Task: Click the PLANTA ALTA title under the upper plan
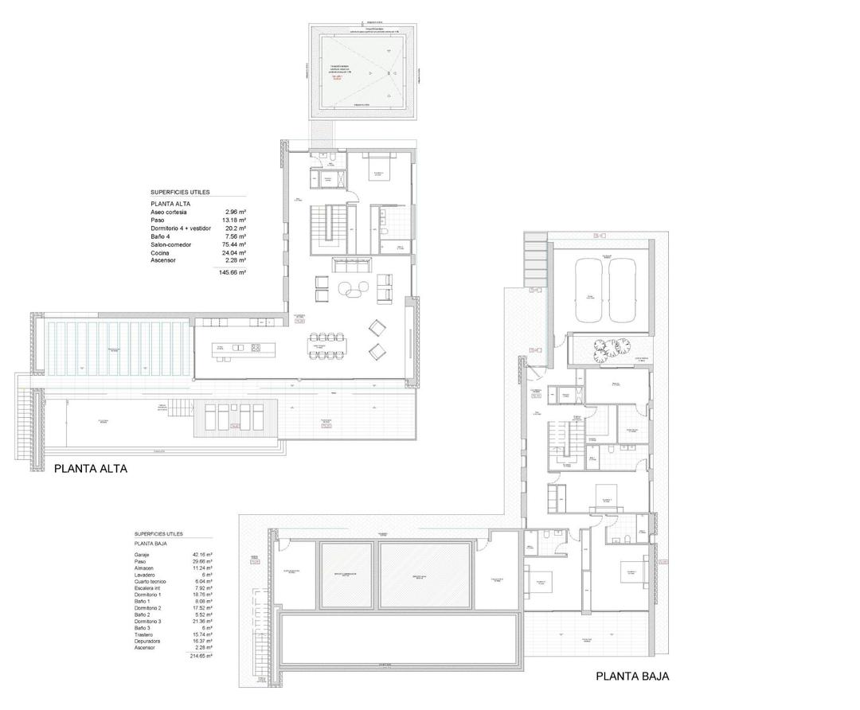(90, 470)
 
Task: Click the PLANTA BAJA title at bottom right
(632, 677)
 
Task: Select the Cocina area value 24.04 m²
(235, 252)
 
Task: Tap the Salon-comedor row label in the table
(171, 244)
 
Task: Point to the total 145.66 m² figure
(233, 272)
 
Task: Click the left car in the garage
(591, 290)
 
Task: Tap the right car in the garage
(622, 290)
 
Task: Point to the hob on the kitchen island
(256, 348)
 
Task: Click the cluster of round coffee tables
(352, 291)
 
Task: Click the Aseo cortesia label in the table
(171, 213)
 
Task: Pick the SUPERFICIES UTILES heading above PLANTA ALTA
(180, 193)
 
